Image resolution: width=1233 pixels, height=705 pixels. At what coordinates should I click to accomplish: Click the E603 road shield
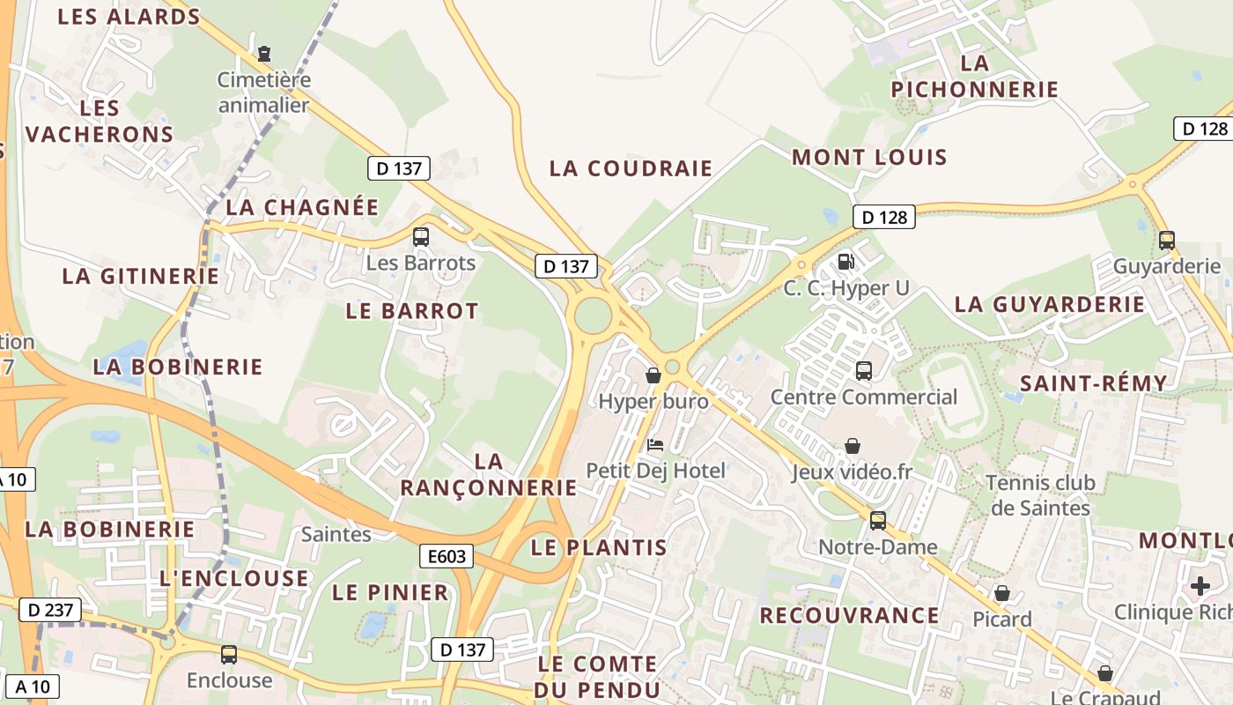coord(447,556)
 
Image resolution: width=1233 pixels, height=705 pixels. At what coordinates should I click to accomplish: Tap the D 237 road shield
coord(49,610)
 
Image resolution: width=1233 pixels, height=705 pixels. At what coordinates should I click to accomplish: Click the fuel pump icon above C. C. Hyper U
coord(845,262)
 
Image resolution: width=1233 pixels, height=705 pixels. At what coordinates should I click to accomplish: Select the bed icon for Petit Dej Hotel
coord(655,444)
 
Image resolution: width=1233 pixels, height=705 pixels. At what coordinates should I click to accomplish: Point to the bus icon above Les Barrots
coord(421,236)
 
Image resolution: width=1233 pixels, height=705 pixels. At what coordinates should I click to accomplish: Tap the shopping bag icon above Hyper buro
coord(653,375)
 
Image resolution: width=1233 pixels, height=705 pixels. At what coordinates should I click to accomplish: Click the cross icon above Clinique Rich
coord(1200,585)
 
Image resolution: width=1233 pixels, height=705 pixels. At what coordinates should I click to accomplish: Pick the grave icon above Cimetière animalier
coord(263,54)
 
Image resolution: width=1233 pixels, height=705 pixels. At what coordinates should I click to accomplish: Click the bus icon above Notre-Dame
coord(878,520)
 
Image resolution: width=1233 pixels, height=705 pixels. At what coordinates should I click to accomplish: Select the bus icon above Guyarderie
coord(1167,240)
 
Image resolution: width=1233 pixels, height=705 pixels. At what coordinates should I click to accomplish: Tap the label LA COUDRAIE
coord(631,168)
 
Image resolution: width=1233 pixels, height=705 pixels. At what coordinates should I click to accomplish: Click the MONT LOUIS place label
coord(869,158)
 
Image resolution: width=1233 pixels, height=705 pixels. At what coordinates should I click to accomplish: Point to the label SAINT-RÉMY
coord(1093,383)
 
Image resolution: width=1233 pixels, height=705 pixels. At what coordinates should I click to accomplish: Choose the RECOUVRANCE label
coord(849,615)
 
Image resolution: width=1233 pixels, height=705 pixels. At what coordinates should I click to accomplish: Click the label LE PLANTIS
coord(599,547)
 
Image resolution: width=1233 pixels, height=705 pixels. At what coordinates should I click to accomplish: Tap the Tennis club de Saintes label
coord(1040,495)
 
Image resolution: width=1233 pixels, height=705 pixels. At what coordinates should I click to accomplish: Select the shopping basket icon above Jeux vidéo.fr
coord(853,446)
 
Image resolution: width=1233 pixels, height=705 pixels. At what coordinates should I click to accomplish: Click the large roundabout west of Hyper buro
coord(593,315)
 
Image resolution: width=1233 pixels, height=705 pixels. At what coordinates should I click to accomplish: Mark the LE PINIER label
coord(390,593)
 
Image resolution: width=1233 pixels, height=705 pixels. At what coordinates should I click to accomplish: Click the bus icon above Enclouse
coord(229,654)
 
